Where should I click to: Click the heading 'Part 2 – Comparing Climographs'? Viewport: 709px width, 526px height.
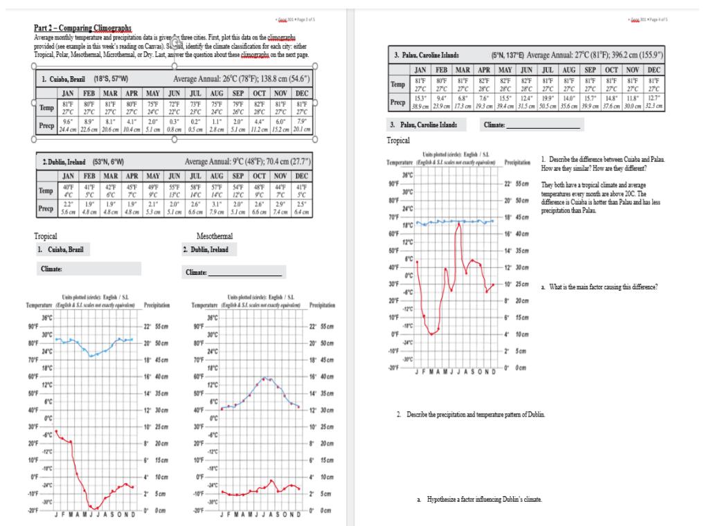coord(83,28)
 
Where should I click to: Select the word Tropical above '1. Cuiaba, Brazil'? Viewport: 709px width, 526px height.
coord(47,236)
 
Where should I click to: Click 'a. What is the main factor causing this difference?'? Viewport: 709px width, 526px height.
coord(599,287)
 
